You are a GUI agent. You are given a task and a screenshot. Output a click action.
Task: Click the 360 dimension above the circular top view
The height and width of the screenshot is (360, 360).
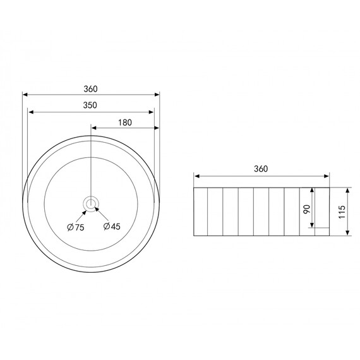pos(90,89)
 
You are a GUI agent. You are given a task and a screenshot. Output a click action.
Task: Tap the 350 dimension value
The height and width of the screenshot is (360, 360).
pos(90,105)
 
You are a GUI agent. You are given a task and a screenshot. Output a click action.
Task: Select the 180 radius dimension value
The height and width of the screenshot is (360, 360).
pos(125,123)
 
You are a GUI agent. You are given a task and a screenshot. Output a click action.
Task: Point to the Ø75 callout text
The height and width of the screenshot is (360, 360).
pos(76,227)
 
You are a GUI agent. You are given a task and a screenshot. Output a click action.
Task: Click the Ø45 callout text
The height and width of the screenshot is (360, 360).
pos(112,226)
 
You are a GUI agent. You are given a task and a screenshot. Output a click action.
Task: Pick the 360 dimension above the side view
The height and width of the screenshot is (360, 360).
pos(261,169)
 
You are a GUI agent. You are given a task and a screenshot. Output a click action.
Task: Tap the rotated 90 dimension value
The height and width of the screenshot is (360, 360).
pos(307,209)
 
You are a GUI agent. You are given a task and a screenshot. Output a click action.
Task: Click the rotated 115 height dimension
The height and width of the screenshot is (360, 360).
pos(342,212)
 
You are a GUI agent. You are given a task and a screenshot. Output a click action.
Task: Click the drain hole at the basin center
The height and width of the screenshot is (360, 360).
pos(91,203)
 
